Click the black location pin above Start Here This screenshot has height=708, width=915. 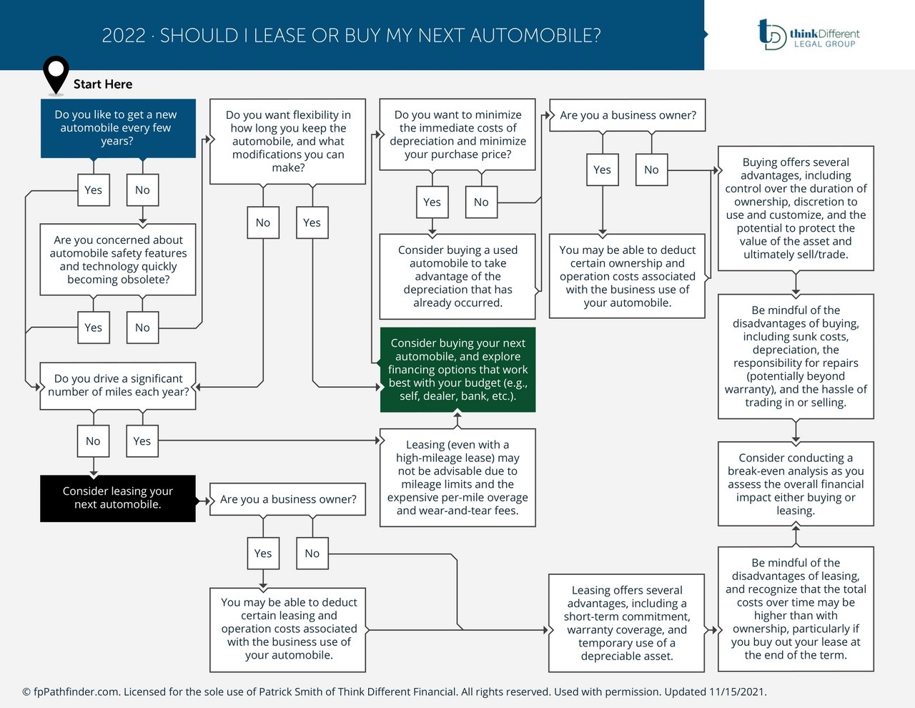56,72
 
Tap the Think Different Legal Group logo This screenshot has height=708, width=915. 808,34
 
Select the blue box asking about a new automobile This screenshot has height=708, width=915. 118,128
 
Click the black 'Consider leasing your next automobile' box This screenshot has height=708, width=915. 118,498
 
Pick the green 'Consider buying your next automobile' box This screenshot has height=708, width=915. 457,370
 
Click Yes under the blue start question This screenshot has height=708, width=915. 94,190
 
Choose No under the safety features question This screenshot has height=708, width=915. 142,328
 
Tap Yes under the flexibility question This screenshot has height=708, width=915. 312,222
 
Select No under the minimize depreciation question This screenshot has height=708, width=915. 481,202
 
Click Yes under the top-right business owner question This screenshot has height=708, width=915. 602,169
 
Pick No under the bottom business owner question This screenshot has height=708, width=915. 312,554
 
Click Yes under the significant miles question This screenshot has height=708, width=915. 142,441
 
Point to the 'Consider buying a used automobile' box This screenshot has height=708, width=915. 457,276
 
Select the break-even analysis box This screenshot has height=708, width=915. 796,484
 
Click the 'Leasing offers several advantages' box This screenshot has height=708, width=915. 627,623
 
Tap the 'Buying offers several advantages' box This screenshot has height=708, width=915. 796,208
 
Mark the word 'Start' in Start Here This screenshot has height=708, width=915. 87,84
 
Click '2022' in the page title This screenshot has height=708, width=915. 124,35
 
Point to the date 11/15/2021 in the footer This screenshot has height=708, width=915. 737,692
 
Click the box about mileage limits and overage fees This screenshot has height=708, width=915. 457,478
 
